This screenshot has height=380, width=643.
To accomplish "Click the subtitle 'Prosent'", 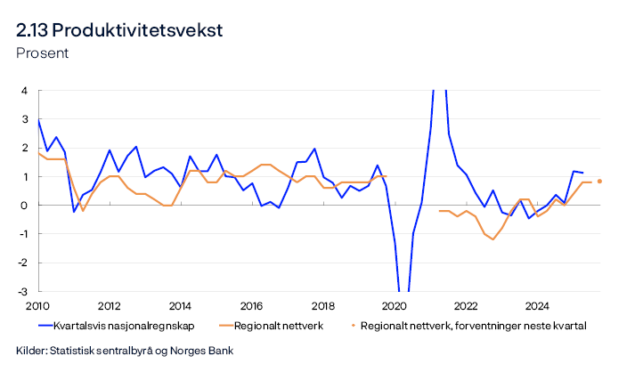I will (x=42, y=53).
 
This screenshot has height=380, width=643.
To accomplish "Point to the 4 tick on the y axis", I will (x=24, y=91).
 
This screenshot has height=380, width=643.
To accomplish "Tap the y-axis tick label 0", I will (x=24, y=206).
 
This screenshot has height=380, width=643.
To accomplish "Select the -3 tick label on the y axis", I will (x=22, y=292).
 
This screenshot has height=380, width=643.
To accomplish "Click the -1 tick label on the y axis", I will (x=22, y=234).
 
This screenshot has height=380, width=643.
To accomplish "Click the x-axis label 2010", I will (x=37, y=304).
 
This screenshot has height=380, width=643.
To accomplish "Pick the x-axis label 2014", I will (x=180, y=304).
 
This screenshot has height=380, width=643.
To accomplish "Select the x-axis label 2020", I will (x=394, y=304).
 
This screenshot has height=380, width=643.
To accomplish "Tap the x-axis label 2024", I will (x=536, y=304).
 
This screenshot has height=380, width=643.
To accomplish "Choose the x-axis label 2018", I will (x=322, y=304).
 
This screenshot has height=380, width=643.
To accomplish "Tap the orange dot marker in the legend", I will (x=353, y=326).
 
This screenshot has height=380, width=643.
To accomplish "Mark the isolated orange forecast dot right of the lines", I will (x=599, y=182).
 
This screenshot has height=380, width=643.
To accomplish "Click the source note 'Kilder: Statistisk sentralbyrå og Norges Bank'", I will (x=125, y=351).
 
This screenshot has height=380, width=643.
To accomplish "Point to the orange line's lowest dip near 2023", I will (x=492, y=239).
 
